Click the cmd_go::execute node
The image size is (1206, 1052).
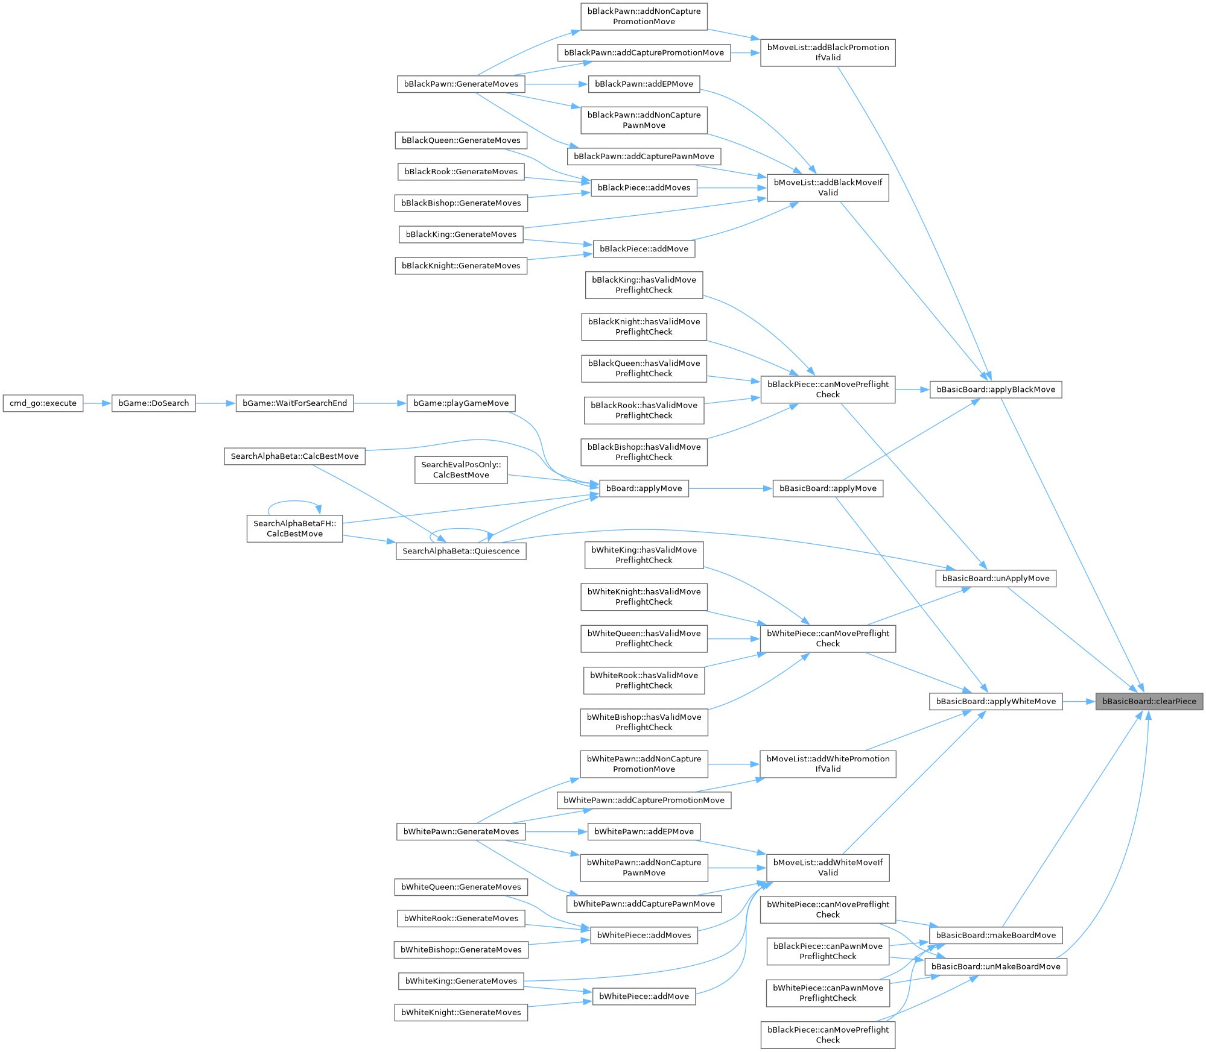point(43,403)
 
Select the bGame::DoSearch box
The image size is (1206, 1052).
point(153,403)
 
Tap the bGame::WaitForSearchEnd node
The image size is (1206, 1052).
point(294,403)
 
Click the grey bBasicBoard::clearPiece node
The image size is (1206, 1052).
point(1149,701)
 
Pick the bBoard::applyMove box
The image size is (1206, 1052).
point(644,488)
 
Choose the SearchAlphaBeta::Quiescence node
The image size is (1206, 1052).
point(461,551)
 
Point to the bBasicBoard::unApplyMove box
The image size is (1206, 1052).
point(995,578)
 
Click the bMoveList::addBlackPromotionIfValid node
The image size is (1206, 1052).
point(828,52)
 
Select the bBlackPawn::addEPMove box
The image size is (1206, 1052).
point(644,84)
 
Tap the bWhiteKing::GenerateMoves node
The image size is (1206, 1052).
point(461,981)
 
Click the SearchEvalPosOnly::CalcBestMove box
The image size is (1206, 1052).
point(461,470)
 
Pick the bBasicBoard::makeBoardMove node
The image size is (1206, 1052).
point(995,935)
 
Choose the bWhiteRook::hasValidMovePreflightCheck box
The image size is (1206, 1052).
point(644,681)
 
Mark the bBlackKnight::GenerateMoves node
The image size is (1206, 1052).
point(461,266)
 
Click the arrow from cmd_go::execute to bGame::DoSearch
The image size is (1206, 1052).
point(97,403)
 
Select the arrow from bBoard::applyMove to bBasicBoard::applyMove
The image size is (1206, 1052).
point(730,488)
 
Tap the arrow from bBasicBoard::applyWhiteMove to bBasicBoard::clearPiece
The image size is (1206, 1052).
point(1079,701)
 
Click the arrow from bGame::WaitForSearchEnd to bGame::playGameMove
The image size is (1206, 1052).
point(380,403)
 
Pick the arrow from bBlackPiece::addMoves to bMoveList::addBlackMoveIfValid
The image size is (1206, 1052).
point(732,188)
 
